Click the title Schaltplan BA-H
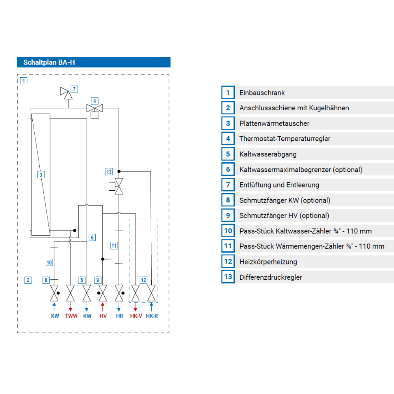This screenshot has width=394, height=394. pos(49,62)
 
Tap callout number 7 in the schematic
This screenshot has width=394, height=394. pos(74,89)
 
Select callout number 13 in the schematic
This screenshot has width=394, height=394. pos(109,172)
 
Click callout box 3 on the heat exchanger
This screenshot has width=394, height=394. pos(41,175)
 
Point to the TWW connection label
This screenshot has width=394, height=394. pos(71,316)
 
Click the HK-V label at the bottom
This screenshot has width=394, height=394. pos(136,316)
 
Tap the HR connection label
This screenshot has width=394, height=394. pos(120,316)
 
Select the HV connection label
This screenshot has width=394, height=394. pos(103,316)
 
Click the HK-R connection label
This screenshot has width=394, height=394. pos(152,316)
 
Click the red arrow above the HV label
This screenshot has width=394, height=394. pos(102,307)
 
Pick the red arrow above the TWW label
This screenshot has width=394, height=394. pos(71,307)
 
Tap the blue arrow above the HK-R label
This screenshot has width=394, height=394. pos(151,307)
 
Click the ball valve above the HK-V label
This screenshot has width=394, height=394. pos(136,293)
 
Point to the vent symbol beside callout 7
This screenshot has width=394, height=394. pos(66,93)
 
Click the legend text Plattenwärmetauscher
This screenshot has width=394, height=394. pos(274,123)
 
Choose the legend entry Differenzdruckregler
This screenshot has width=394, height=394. pos(271,277)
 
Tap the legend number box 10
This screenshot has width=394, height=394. pos(228,230)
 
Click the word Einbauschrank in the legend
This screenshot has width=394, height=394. pos(262,93)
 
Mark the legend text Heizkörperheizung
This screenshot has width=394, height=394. pos(268,262)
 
